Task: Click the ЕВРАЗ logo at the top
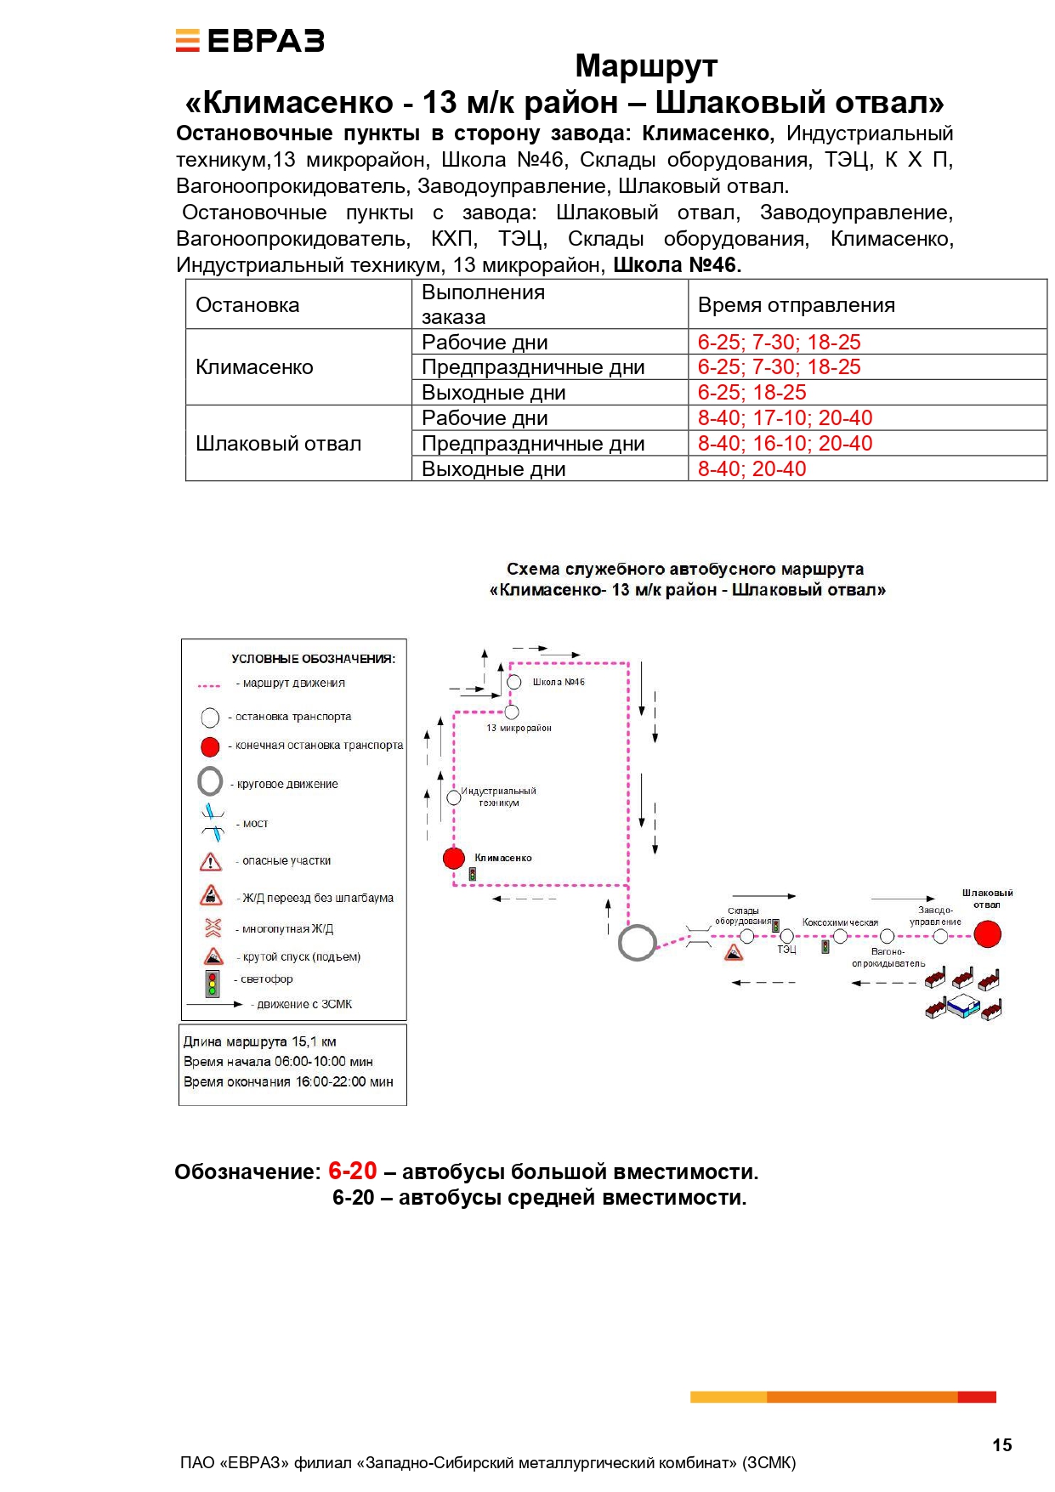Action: coord(250,41)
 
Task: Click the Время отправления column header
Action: coord(796,305)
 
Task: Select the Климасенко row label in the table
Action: coord(254,367)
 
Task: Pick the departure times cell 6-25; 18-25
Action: coord(752,393)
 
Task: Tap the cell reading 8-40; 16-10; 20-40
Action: coord(785,444)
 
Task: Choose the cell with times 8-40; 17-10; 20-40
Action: coord(785,418)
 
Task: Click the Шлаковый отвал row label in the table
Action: coord(278,444)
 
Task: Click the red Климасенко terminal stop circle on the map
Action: coord(454,858)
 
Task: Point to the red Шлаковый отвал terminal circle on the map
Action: coord(987,934)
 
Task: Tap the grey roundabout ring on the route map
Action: coord(637,943)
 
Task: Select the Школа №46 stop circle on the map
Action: coord(514,682)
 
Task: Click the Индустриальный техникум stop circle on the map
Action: coord(454,797)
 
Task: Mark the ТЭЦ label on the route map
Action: coord(786,950)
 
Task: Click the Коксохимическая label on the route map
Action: coord(840,922)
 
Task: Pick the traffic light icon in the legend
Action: coord(212,984)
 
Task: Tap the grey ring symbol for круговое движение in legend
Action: coord(210,781)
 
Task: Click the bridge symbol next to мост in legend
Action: coord(212,822)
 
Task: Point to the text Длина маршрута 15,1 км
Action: coord(260,1041)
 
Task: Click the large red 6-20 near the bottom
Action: coord(352,1171)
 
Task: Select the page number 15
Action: coord(1001,1445)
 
